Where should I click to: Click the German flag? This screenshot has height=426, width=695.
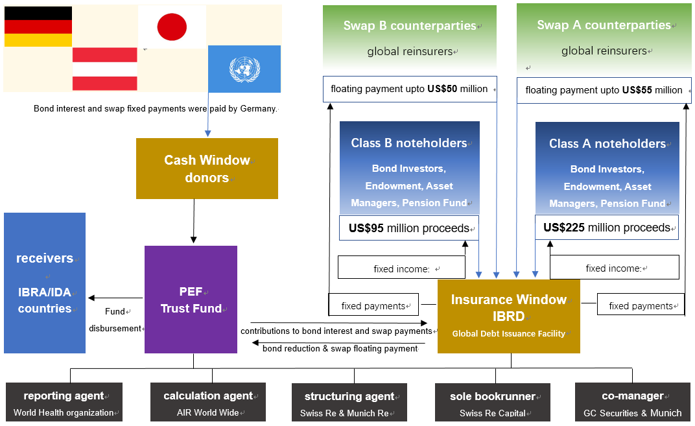[x=38, y=27]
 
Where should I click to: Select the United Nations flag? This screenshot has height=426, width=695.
[x=244, y=69]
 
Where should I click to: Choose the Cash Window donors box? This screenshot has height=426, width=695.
[x=207, y=169]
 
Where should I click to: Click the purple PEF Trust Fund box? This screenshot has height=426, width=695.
[x=191, y=300]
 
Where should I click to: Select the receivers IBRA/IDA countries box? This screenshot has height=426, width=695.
[x=45, y=283]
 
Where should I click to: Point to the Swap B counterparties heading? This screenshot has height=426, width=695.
[x=410, y=26]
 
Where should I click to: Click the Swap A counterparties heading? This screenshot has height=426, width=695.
[x=604, y=25]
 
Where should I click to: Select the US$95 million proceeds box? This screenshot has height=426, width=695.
[x=409, y=228]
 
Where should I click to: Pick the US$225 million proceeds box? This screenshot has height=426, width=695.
[x=606, y=228]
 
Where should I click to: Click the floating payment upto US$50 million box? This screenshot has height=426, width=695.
[x=410, y=89]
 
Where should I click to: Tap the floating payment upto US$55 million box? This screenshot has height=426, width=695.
[x=604, y=90]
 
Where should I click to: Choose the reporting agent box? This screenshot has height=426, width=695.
[x=64, y=403]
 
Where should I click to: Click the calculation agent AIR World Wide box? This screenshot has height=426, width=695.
[x=207, y=403]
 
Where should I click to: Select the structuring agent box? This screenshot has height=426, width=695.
[x=349, y=403]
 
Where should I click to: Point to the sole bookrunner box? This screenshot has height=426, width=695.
[x=493, y=403]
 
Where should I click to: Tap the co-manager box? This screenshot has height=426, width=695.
[x=632, y=403]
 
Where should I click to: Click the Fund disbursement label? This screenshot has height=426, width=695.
[x=115, y=320]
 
